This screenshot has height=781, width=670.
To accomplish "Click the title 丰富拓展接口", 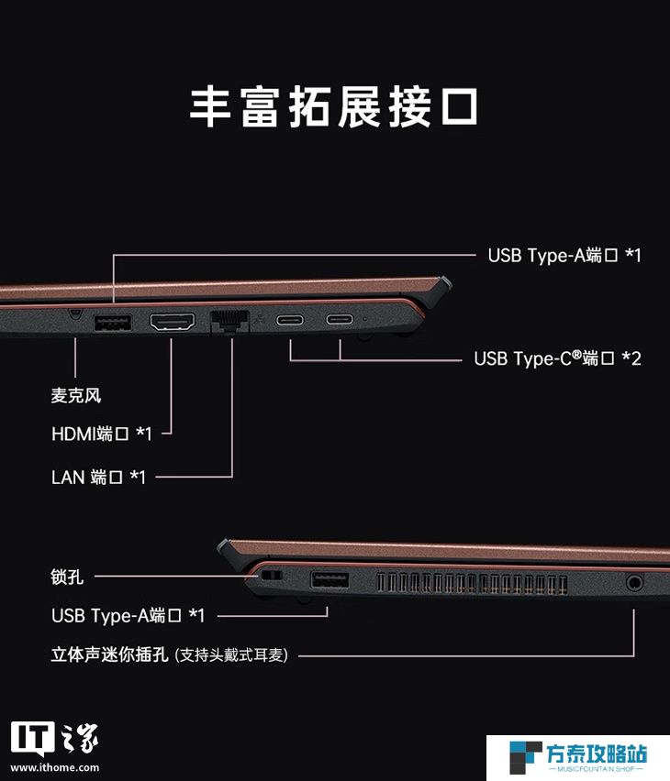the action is coord(334,106).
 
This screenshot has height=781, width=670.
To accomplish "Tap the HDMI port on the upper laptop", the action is coord(173,322).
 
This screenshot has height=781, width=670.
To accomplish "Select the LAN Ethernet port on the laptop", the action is coord(230,320).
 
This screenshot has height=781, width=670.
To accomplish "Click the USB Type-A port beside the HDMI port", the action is coord(113,323).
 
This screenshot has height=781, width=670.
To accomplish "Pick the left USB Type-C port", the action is coord(290,319).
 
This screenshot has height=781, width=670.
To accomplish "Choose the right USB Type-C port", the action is coord(340,319).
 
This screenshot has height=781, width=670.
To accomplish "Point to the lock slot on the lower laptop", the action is coord(272,576).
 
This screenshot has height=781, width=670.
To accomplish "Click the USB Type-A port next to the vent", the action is coord(329,580).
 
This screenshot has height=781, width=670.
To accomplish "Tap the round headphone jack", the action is coord(634,581).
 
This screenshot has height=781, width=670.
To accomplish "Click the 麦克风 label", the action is coord(76,395).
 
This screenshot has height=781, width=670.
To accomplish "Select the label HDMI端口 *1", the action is coord(101,434).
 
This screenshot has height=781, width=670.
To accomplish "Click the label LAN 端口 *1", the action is coord(98,478).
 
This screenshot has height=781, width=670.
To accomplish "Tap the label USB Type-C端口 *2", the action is coord(557,358).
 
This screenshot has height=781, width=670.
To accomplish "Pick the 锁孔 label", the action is coord(67,577).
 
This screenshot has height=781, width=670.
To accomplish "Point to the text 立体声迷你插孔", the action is coord(110,654).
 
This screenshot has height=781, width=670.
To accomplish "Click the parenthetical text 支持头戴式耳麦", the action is coord(231,654).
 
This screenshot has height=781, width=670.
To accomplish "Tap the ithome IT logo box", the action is coord(32,739).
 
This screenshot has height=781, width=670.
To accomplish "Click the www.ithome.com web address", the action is coord(55,767).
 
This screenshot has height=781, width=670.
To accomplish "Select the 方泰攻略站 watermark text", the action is coord(597,753).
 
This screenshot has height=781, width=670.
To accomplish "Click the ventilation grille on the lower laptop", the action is coord(472,582).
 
